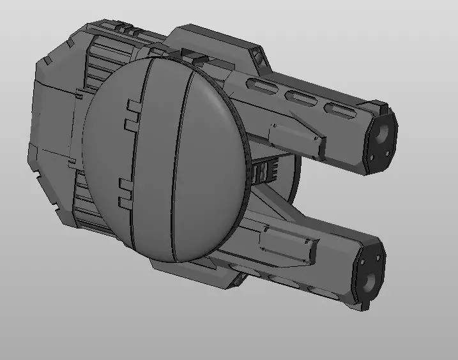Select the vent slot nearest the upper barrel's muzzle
click(339, 111)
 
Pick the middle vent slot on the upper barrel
click(300, 99)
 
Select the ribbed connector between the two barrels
click(266, 171)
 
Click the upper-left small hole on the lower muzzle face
click(362, 261)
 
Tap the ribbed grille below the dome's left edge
click(96, 211)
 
